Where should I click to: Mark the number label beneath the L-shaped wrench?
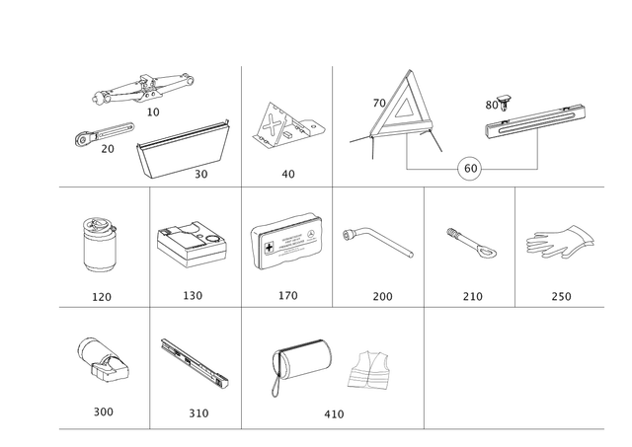[381, 294]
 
